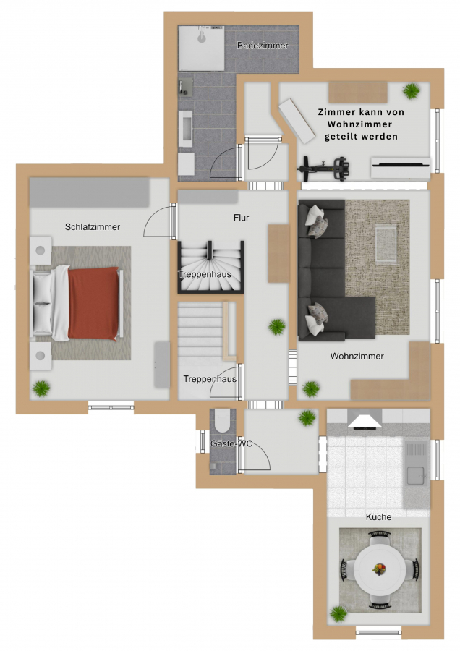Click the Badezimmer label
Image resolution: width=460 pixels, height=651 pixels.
(x=263, y=46)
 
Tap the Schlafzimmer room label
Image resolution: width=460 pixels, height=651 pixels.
(x=93, y=226)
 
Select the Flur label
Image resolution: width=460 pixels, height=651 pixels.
(x=241, y=218)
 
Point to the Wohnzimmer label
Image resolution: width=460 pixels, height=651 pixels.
(x=357, y=356)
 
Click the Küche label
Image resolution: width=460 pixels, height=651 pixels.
(x=378, y=517)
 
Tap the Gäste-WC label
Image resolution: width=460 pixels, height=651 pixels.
(x=231, y=443)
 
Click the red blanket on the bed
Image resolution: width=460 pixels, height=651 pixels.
(x=93, y=303)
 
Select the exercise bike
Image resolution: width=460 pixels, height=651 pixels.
(x=323, y=168)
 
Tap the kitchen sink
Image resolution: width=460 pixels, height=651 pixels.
(x=416, y=475)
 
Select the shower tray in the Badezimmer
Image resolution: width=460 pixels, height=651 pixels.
(x=202, y=48)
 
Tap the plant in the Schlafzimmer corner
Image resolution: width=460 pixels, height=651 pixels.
(x=41, y=388)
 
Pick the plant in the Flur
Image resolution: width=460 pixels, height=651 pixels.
(x=276, y=327)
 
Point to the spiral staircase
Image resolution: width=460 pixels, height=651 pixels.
(x=210, y=267)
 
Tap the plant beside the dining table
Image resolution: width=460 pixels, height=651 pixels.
(x=338, y=613)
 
